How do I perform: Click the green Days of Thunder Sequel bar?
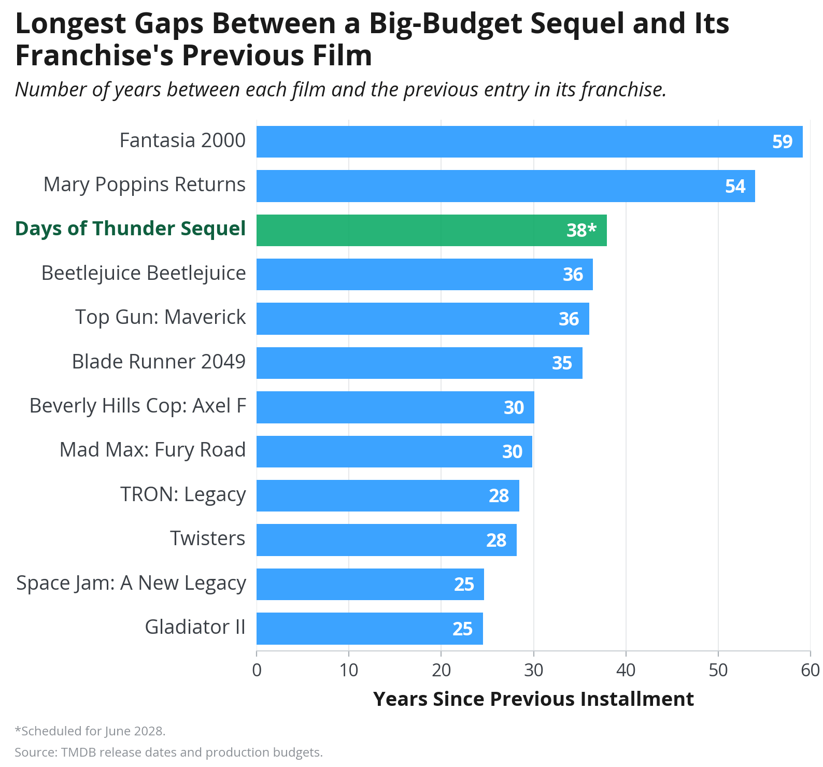[x=432, y=230]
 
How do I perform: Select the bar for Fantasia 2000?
[x=530, y=141]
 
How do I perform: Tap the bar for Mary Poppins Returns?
[x=506, y=186]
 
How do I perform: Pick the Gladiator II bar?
[x=370, y=629]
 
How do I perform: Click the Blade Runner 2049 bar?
[x=419, y=363]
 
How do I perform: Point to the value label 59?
[x=783, y=142]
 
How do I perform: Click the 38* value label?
[x=581, y=230]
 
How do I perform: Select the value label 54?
[x=735, y=187]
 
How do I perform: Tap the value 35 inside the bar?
[x=562, y=363]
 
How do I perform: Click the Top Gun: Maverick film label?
[x=161, y=317]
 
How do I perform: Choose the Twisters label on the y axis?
[x=208, y=538]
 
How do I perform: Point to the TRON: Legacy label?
[x=183, y=495]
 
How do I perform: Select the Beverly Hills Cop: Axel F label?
[x=138, y=406]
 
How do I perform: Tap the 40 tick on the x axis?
[x=626, y=670]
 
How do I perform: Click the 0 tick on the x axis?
[x=257, y=670]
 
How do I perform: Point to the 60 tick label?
[x=811, y=670]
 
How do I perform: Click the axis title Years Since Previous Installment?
[x=533, y=699]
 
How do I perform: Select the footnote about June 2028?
[x=90, y=731]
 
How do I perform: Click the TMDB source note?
[x=168, y=752]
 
